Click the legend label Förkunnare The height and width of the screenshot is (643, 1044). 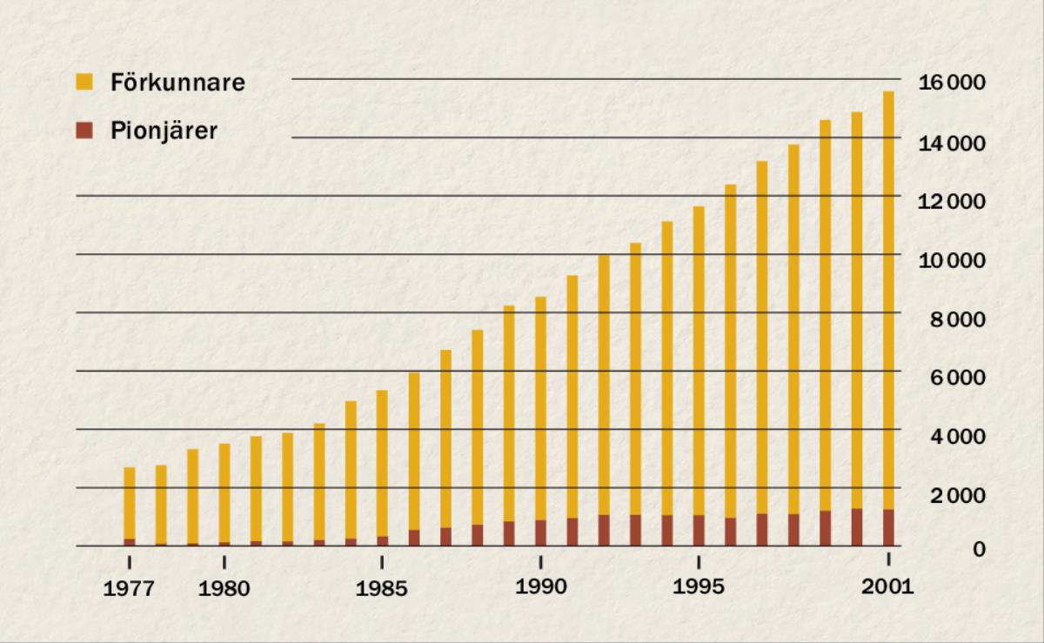pyautogui.click(x=177, y=84)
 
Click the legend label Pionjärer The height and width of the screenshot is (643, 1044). pyautogui.click(x=164, y=131)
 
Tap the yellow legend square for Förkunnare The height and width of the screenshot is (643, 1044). pyautogui.click(x=84, y=83)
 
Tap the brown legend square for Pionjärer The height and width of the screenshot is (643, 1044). pyautogui.click(x=84, y=131)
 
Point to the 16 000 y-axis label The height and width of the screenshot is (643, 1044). pyautogui.click(x=953, y=84)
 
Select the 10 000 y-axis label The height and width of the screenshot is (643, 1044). pyautogui.click(x=953, y=260)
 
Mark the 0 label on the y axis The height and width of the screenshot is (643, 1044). pyautogui.click(x=979, y=549)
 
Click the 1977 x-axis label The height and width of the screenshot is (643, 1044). pyautogui.click(x=130, y=589)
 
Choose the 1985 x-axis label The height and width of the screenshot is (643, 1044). pyautogui.click(x=382, y=589)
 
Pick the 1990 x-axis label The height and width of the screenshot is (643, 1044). pyautogui.click(x=540, y=587)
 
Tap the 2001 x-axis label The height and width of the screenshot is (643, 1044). pyautogui.click(x=888, y=587)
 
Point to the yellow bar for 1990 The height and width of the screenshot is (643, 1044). pyautogui.click(x=540, y=409)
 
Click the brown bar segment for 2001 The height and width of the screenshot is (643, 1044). pyautogui.click(x=888, y=528)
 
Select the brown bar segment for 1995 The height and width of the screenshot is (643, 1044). pyautogui.click(x=698, y=531)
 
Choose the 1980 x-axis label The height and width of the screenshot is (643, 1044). pyautogui.click(x=224, y=589)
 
